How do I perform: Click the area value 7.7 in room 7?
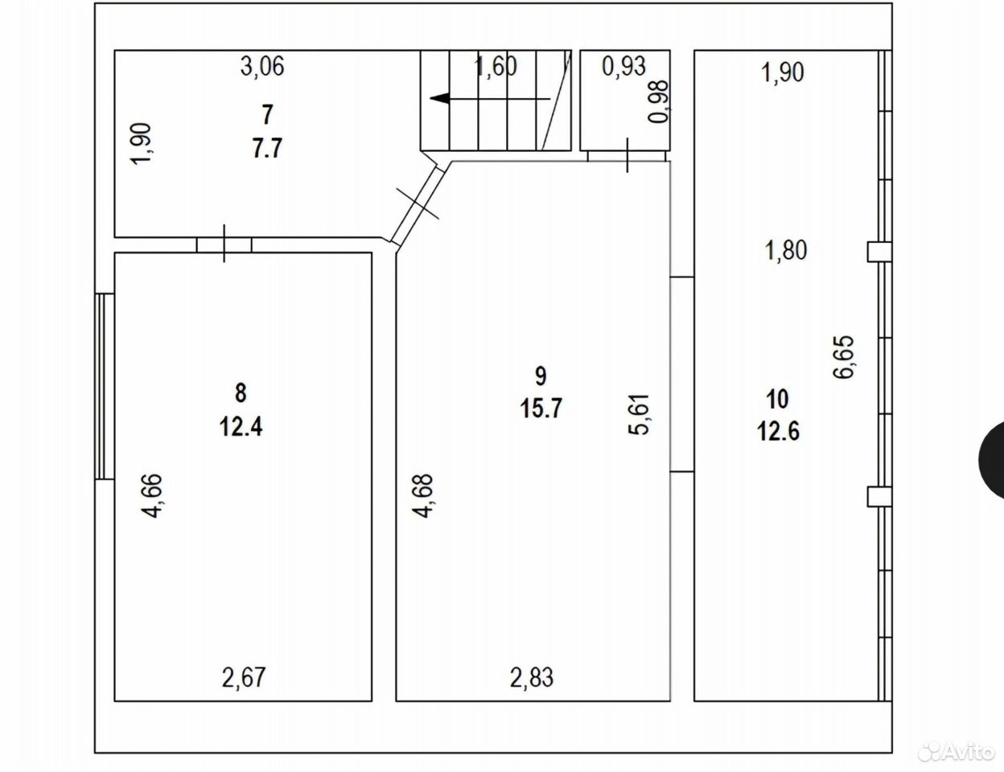click(x=267, y=149)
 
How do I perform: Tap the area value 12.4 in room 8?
click(x=241, y=427)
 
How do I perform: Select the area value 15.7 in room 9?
click(x=541, y=409)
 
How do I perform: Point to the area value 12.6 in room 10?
click(x=778, y=431)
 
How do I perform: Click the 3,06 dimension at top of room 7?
click(x=262, y=67)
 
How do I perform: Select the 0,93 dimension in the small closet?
click(x=623, y=67)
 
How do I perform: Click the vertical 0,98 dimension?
click(x=658, y=101)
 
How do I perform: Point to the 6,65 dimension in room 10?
click(x=844, y=357)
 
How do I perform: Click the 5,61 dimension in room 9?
click(x=639, y=414)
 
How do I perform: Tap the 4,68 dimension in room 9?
click(x=423, y=496)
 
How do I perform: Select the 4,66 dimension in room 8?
click(x=152, y=496)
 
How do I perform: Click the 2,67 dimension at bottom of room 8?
click(x=244, y=678)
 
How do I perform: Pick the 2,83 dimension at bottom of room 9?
click(x=531, y=678)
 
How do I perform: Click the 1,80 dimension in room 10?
click(x=786, y=250)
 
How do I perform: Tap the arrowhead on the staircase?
click(x=439, y=98)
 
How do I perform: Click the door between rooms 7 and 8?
click(x=224, y=244)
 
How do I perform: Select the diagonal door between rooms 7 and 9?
click(x=418, y=204)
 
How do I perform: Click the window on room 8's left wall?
click(x=105, y=387)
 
